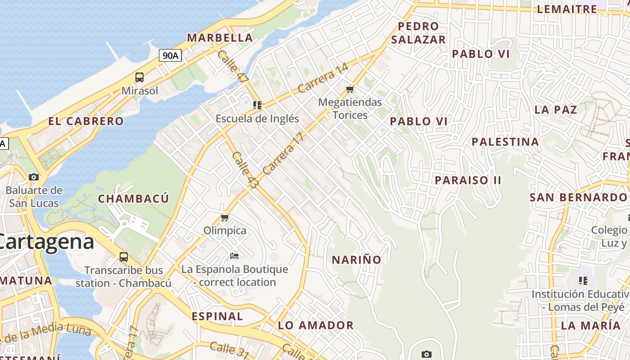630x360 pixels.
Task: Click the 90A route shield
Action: (x=171, y=55)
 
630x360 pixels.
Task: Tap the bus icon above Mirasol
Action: (x=139, y=77)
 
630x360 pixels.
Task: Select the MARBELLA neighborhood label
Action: (x=220, y=38)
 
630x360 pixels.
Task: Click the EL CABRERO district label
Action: (x=86, y=121)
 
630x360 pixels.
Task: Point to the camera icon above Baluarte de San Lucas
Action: (x=34, y=177)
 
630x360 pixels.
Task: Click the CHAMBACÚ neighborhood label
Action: (x=134, y=198)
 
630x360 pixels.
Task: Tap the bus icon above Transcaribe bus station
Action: (x=124, y=257)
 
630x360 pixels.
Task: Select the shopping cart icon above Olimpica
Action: (x=225, y=218)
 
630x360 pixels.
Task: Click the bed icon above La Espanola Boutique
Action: (x=234, y=256)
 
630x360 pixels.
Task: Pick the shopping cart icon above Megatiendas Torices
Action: (x=350, y=89)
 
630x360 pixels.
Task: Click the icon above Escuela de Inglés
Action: (x=257, y=105)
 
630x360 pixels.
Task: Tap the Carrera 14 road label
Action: (x=323, y=78)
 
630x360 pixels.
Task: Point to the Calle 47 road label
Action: (x=233, y=66)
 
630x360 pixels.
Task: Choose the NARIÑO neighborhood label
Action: (x=356, y=260)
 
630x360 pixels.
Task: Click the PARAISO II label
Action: (x=468, y=180)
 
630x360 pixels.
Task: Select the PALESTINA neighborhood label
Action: (x=505, y=142)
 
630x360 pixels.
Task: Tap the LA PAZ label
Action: (x=556, y=110)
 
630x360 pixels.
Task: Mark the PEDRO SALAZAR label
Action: (x=418, y=33)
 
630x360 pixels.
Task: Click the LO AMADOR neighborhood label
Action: (x=315, y=325)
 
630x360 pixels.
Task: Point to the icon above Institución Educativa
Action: (x=583, y=281)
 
